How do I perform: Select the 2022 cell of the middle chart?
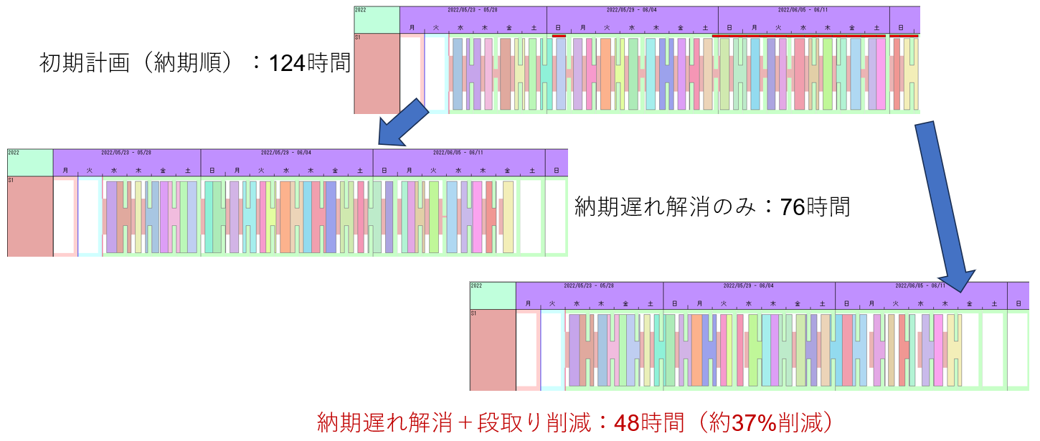coord(30,162)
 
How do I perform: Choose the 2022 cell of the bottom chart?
coord(493,295)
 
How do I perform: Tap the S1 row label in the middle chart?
coord(30,216)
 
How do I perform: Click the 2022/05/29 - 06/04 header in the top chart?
coord(632,10)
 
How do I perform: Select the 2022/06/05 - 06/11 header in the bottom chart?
coord(921,285)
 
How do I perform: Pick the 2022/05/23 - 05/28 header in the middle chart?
coord(126,153)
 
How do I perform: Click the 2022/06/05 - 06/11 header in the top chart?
coord(803,10)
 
